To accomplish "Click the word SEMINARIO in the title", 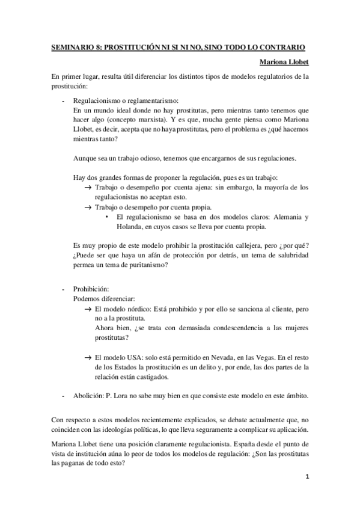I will tap(72, 46).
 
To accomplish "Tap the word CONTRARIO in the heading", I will tap(285, 46).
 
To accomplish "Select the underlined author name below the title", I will tap(284, 61).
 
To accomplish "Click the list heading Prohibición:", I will tap(91, 289).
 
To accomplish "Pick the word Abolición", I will tap(88, 396).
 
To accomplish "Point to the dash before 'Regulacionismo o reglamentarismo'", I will tap(64, 101).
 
